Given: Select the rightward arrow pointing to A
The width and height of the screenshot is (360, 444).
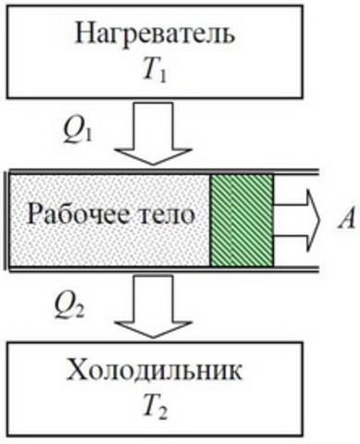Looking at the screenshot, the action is [x=296, y=218].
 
